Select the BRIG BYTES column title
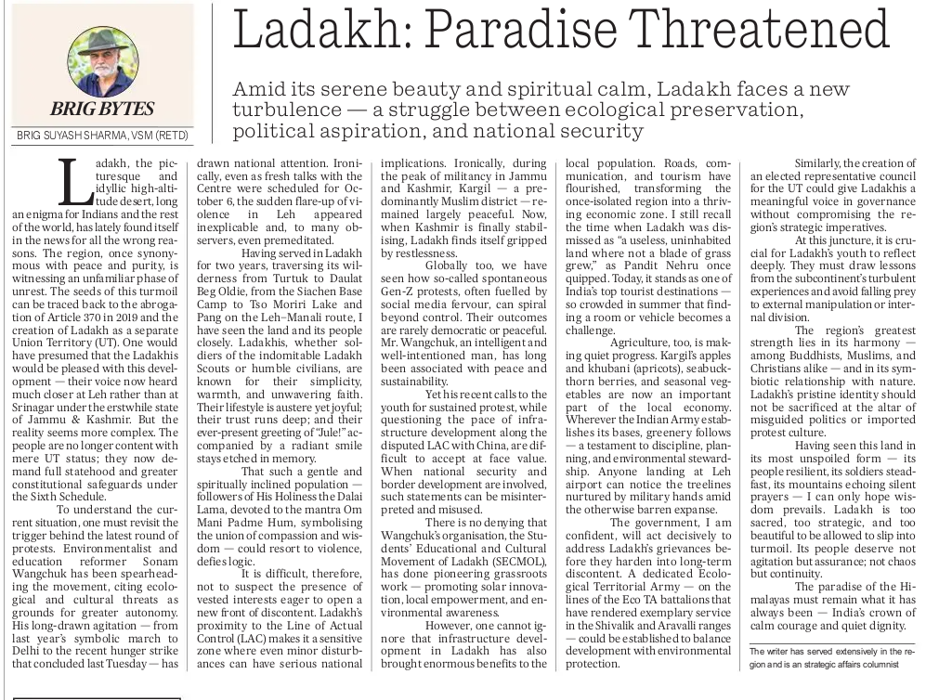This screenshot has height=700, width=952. pyautogui.click(x=102, y=109)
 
